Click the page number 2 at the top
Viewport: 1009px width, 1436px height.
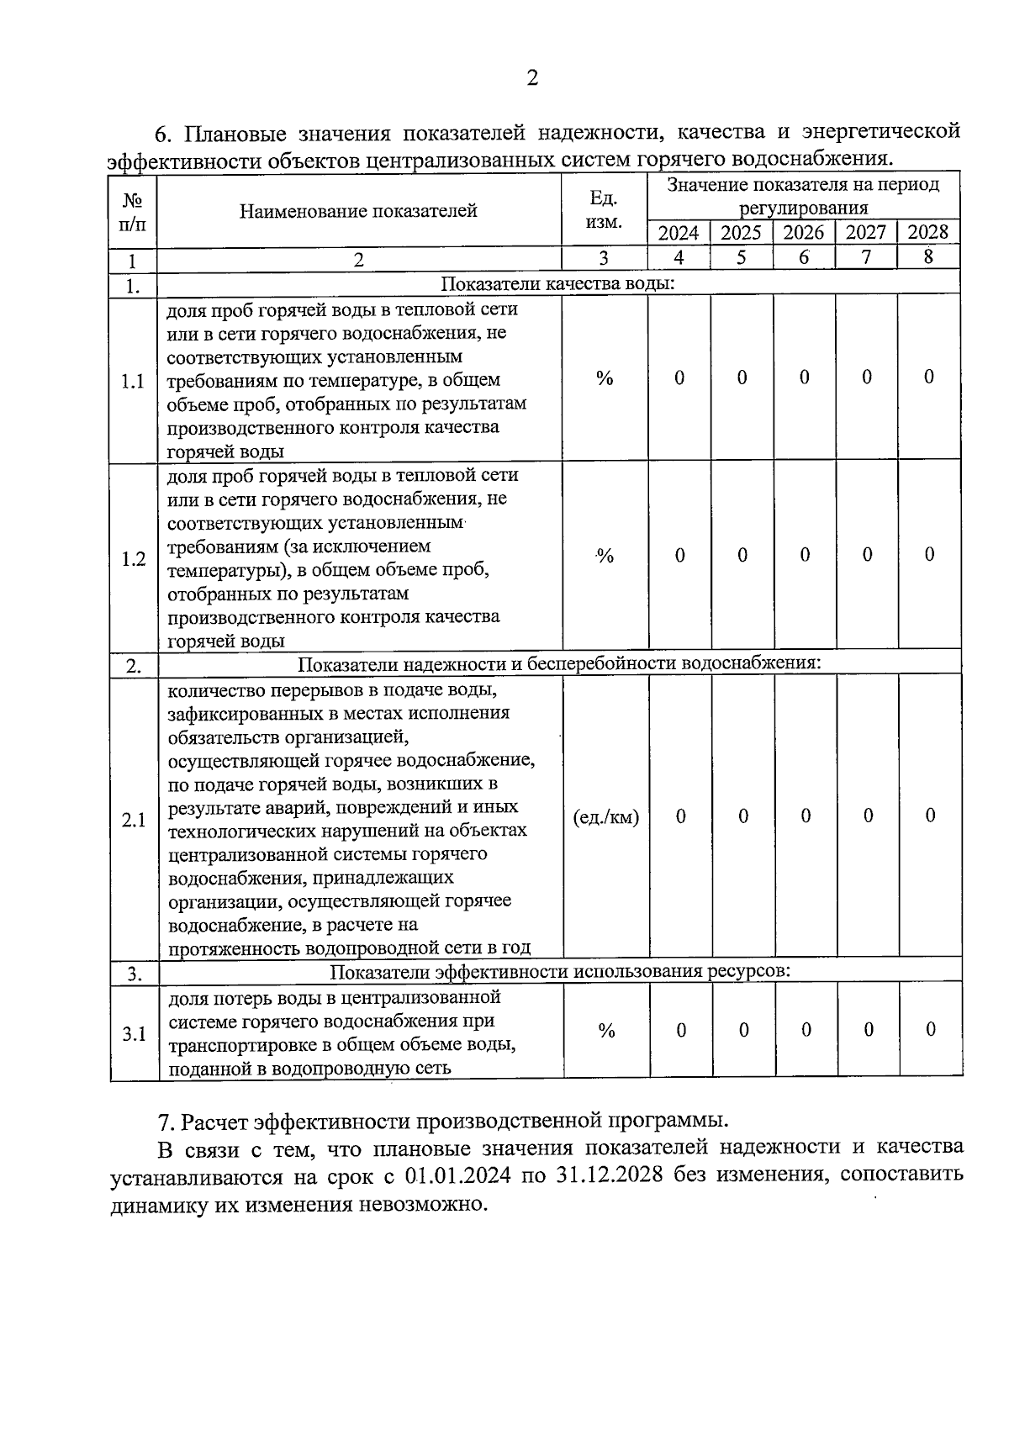point(531,79)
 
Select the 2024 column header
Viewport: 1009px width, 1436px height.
point(678,233)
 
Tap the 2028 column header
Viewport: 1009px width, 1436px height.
point(928,232)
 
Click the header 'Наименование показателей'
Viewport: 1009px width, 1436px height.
point(358,211)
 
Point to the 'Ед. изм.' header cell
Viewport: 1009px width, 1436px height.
point(604,210)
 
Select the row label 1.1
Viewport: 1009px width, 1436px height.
point(132,382)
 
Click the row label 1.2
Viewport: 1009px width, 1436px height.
point(133,559)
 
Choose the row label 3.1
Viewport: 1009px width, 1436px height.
point(134,1034)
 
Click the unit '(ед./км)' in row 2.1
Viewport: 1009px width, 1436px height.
point(605,817)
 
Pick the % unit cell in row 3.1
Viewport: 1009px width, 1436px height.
point(606,1032)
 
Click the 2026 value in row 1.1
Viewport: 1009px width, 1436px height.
point(804,377)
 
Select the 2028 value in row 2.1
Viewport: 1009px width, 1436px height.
point(930,816)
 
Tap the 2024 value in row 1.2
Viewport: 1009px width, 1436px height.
point(679,555)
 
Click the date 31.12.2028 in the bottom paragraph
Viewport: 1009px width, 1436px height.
point(609,1175)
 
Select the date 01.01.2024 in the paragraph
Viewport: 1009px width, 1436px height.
point(457,1175)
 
